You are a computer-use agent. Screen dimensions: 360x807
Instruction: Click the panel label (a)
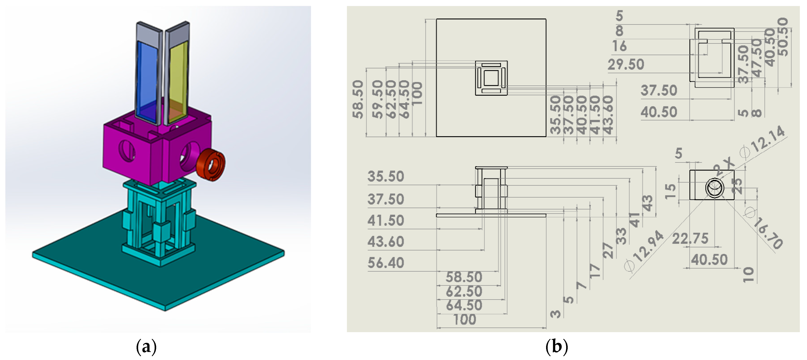pyautogui.click(x=146, y=347)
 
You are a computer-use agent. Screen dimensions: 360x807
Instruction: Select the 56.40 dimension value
pyautogui.click(x=386, y=263)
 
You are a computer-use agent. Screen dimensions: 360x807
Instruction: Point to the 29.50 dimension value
pyautogui.click(x=626, y=65)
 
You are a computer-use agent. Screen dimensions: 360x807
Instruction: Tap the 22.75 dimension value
pyautogui.click(x=690, y=239)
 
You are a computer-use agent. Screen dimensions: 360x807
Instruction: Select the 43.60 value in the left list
pyautogui.click(x=386, y=242)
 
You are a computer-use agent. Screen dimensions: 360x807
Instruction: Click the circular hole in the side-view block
pyautogui.click(x=715, y=188)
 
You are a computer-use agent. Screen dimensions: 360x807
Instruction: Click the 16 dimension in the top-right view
pyautogui.click(x=619, y=46)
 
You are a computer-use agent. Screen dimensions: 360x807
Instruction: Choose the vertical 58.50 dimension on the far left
pyautogui.click(x=358, y=99)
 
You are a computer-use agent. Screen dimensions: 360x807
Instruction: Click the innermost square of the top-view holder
pyautogui.click(x=491, y=78)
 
